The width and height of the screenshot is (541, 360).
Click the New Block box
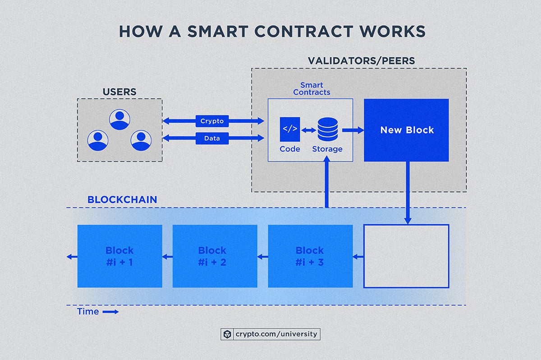[406, 130]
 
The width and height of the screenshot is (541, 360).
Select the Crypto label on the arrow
[212, 121]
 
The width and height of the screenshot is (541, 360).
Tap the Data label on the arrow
[212, 138]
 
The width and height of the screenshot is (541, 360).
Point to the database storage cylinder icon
[327, 129]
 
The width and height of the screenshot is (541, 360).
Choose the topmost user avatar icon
[119, 119]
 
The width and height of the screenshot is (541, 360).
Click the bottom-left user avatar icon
[97, 140]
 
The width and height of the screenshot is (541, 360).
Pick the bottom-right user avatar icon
[141, 140]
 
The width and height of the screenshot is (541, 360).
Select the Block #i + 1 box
[119, 256]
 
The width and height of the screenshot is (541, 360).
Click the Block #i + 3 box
[310, 256]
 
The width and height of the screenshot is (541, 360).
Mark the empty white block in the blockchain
[406, 256]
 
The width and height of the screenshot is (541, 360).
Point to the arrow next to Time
[110, 312]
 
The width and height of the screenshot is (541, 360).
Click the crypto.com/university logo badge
[270, 334]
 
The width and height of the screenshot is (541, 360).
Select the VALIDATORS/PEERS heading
[361, 60]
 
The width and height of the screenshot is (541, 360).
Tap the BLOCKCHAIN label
[122, 199]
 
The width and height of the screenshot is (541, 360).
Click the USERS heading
[119, 92]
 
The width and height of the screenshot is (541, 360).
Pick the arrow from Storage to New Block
[353, 130]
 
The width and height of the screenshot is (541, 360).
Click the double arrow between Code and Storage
[309, 130]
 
